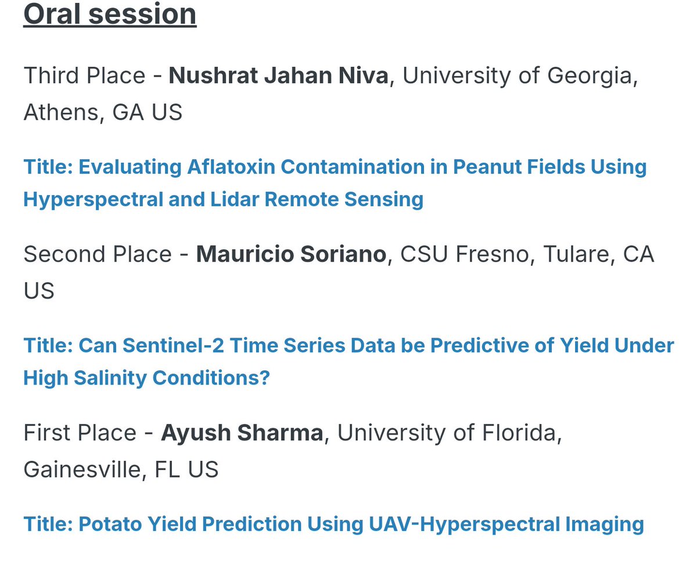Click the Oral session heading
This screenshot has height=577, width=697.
[110, 14]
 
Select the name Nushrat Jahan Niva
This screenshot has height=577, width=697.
[278, 76]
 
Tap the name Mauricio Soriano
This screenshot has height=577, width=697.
[291, 255]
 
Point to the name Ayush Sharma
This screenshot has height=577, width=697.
[242, 433]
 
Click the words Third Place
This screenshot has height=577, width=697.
[84, 76]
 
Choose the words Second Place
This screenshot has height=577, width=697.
[98, 255]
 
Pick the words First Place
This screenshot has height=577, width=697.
[80, 433]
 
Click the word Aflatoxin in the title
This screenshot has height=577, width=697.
[231, 167]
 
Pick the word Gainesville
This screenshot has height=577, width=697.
[82, 469]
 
